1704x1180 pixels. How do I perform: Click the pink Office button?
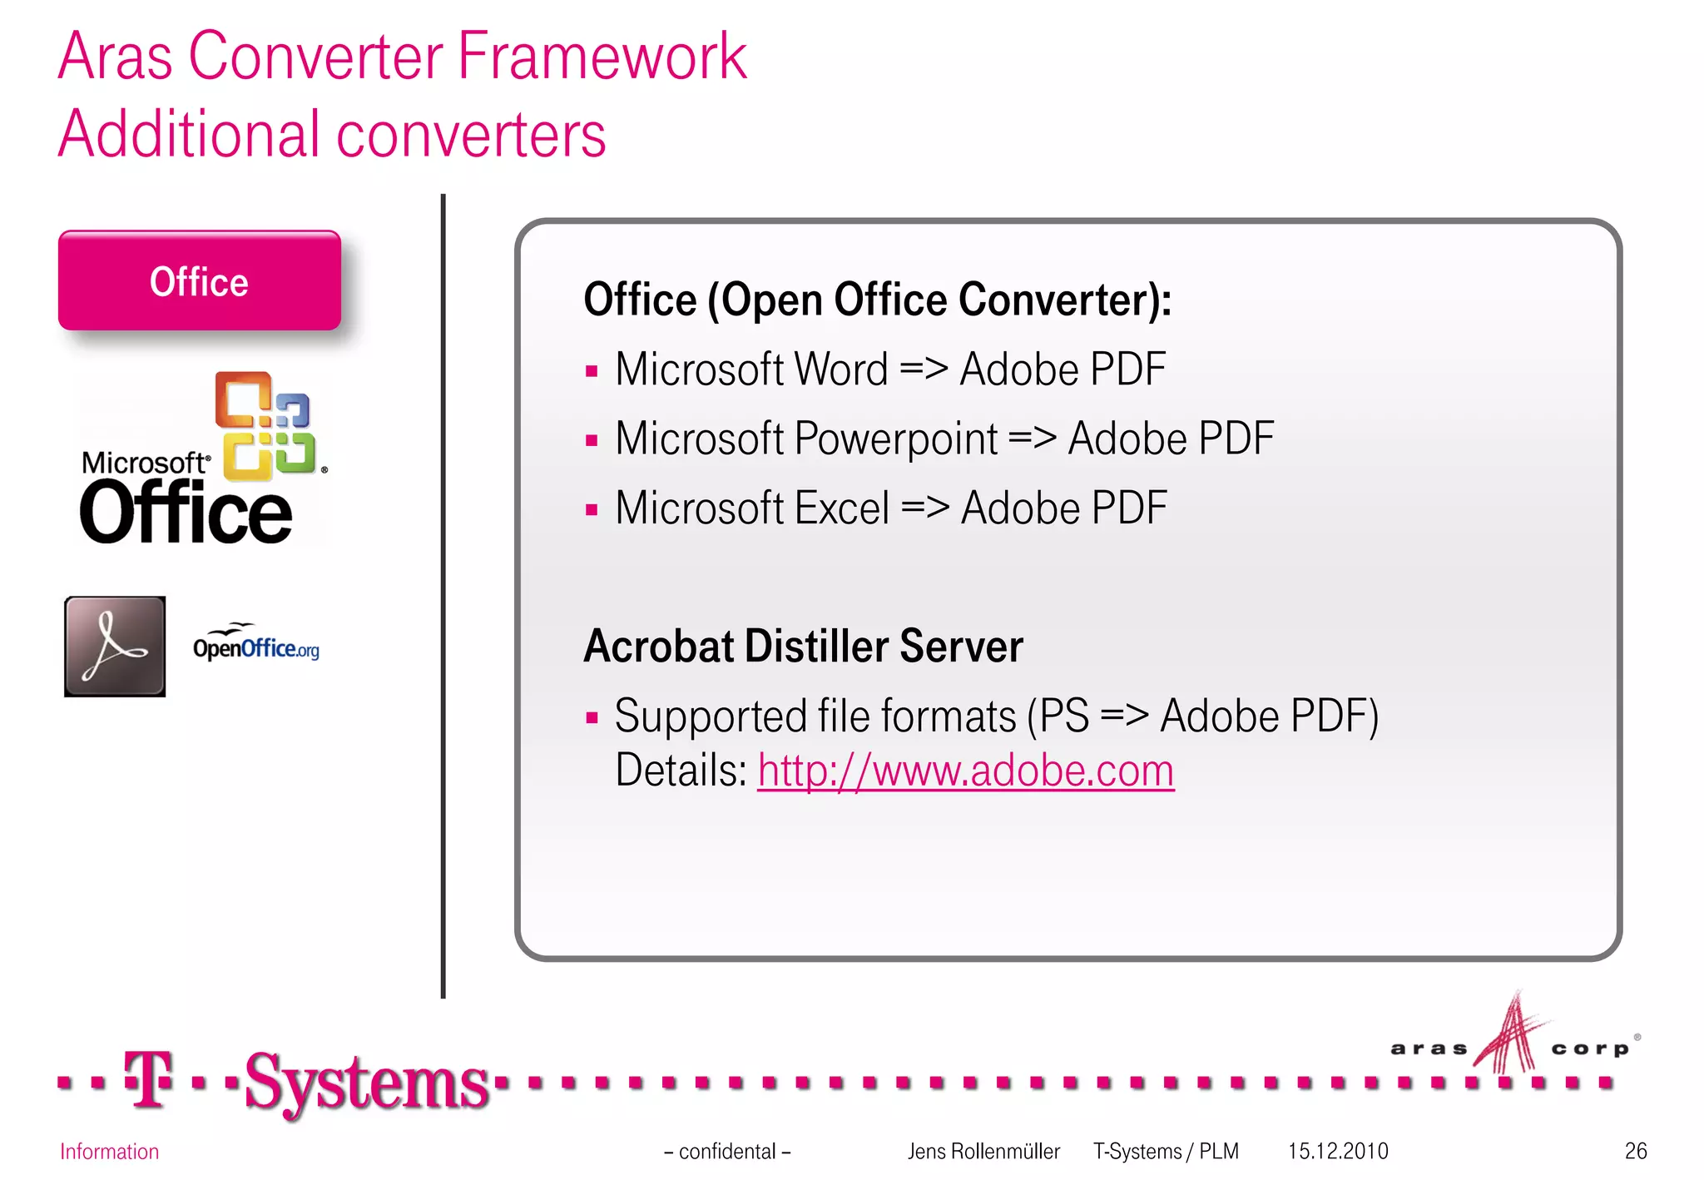pos(199,281)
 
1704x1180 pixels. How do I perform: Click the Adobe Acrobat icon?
pos(115,646)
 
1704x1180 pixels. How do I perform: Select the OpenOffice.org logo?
pos(255,644)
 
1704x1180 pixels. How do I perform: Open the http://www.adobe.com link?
pos(965,771)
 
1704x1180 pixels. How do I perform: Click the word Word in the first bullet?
pos(841,369)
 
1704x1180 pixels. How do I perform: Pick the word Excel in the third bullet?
pos(842,508)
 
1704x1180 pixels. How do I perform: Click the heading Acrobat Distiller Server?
pos(803,647)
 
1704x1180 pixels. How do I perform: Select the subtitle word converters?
pos(470,135)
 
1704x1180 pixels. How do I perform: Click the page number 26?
pos(1635,1151)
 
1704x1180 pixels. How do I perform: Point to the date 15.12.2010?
pos(1338,1151)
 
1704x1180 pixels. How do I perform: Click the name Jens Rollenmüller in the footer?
pos(983,1151)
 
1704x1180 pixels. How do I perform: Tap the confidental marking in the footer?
pos(727,1151)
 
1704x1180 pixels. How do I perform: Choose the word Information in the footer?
pos(109,1151)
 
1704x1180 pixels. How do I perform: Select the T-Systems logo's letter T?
pos(148,1079)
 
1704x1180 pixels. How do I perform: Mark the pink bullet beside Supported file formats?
pos(592,717)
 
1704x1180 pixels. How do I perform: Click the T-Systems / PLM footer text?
pos(1165,1151)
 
